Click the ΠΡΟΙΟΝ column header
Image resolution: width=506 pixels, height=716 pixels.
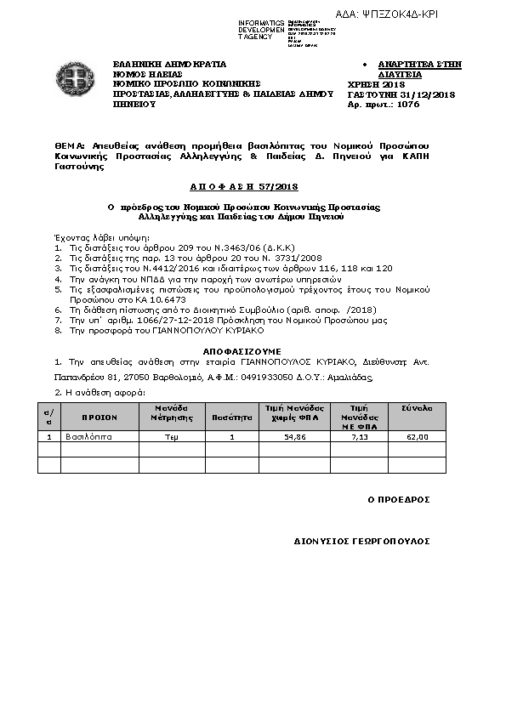pos(99,418)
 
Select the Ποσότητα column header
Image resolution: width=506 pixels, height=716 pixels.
pos(232,418)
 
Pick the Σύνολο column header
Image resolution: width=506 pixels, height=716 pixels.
pos(417,408)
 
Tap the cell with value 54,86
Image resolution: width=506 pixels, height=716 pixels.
pos(294,436)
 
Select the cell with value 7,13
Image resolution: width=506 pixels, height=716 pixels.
pos(359,436)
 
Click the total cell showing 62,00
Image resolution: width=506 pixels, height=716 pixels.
pos(417,436)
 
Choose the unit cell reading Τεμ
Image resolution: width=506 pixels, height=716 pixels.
pos(172,436)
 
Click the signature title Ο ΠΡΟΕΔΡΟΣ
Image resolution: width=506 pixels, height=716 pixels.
pos(398,499)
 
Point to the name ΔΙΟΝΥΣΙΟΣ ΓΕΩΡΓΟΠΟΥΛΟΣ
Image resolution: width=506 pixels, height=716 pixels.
pos(362,541)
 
